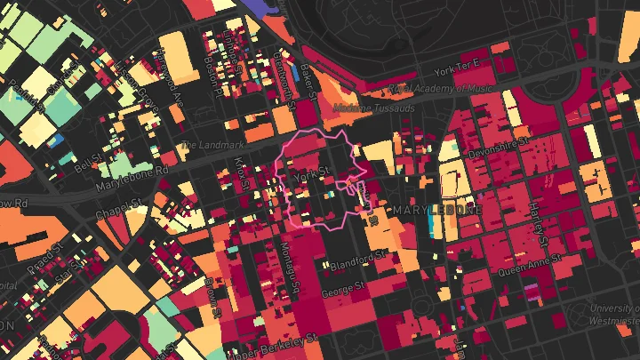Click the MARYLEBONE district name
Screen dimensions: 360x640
(x=436, y=211)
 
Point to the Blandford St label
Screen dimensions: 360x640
(x=359, y=260)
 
